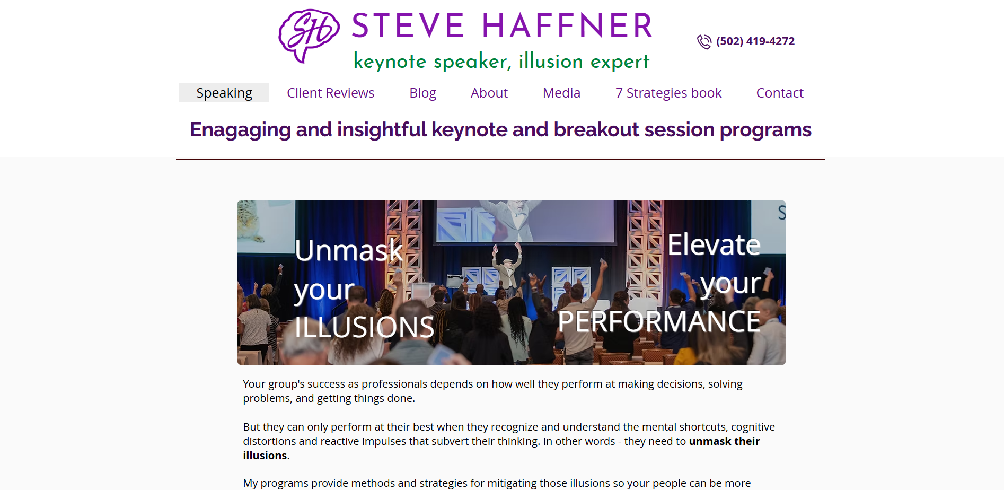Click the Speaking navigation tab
pos(224,93)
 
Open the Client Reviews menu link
pos(330,93)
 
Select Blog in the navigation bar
pos(422,93)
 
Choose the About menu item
pos(489,93)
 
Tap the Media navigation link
pos(561,93)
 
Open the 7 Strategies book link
pos(668,93)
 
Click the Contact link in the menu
pos(780,93)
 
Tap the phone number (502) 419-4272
pos(755,41)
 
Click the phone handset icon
pos(704,42)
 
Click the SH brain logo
pos(309,36)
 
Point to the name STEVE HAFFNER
pos(502,25)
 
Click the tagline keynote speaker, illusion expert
pos(501,61)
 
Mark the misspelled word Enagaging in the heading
pos(240,130)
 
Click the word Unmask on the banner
pos(349,250)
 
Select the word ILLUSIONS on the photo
pos(364,327)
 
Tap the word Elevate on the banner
pos(714,244)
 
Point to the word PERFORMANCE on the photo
pos(659,321)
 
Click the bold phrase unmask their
pos(724,441)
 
